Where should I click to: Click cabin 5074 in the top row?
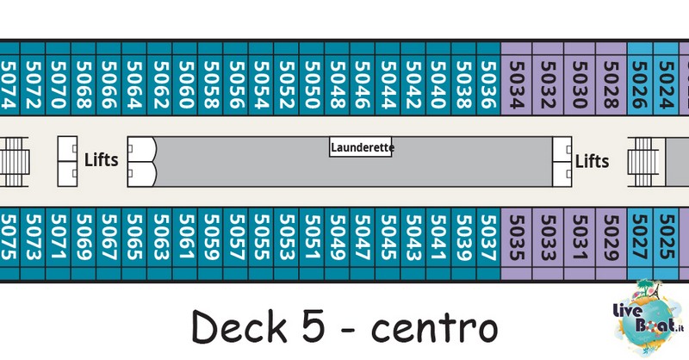[x=9, y=85]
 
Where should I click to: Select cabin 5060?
[x=185, y=85]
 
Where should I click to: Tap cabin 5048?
[x=338, y=85]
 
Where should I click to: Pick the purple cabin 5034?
[x=517, y=85]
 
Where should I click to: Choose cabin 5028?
[x=611, y=85]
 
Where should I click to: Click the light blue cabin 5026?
[x=640, y=85]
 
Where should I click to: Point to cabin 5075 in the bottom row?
[x=9, y=238]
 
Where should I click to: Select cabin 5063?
[x=160, y=238]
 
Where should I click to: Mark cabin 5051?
[x=312, y=238]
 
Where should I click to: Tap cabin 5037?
[x=488, y=238]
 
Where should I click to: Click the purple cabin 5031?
[x=580, y=238]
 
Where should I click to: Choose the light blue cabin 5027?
[x=640, y=238]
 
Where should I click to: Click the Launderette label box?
[x=361, y=146]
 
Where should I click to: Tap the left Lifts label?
[x=101, y=160]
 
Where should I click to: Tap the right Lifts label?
[x=592, y=161]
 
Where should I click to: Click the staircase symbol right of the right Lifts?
[x=643, y=162]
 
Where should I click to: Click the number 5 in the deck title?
[x=314, y=326]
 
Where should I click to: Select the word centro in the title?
[x=435, y=328]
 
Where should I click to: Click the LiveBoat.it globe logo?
[x=649, y=317]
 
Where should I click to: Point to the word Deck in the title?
[x=239, y=326]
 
